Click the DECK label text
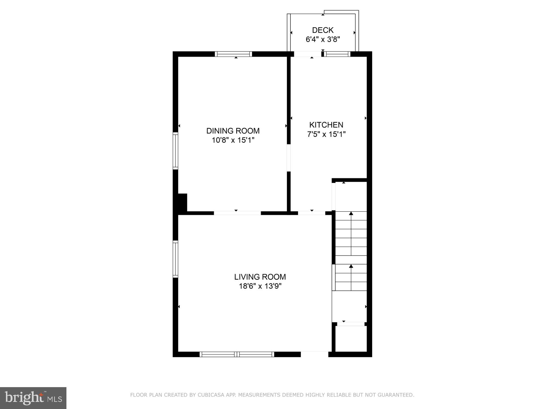tap(323, 30)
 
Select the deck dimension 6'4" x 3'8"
tap(323, 39)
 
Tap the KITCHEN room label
tap(326, 125)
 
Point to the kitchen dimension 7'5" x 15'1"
tap(326, 134)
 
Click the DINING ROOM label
tap(233, 131)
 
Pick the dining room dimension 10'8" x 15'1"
tap(233, 140)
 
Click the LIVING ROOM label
tap(260, 277)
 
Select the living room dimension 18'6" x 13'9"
tap(260, 286)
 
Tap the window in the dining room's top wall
tap(233, 54)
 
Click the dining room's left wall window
tap(175, 151)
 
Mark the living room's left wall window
tap(175, 259)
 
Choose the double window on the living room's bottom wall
tap(237, 354)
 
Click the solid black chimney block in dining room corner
tap(182, 203)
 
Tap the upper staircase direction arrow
tap(351, 214)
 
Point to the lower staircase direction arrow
tap(351, 266)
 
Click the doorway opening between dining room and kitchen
tap(289, 158)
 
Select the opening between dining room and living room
tap(237, 213)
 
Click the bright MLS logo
tap(33, 398)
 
